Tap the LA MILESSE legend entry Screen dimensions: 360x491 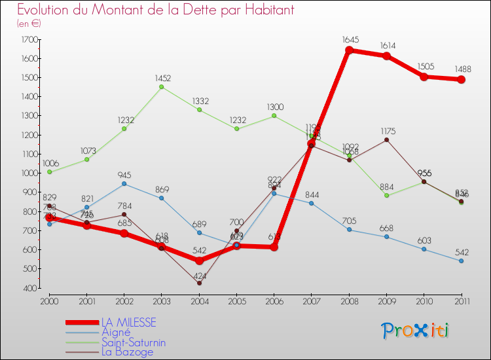(x=128, y=322)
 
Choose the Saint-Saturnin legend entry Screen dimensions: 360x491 (x=133, y=342)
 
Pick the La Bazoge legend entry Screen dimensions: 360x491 (x=127, y=351)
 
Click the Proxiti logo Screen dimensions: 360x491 (x=416, y=330)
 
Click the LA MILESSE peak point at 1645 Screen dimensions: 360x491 (x=349, y=50)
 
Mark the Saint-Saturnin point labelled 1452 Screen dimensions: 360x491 (x=162, y=87)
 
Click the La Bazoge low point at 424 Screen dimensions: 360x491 (x=199, y=283)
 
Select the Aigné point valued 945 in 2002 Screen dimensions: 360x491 (x=124, y=184)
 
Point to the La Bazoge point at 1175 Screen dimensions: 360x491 (x=386, y=139)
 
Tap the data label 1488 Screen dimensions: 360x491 (x=461, y=68)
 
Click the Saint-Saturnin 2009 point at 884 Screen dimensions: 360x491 (x=386, y=195)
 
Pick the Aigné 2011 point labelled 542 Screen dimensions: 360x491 (x=461, y=261)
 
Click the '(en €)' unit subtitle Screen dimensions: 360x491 (x=29, y=23)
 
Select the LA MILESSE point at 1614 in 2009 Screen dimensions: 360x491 (x=386, y=56)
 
